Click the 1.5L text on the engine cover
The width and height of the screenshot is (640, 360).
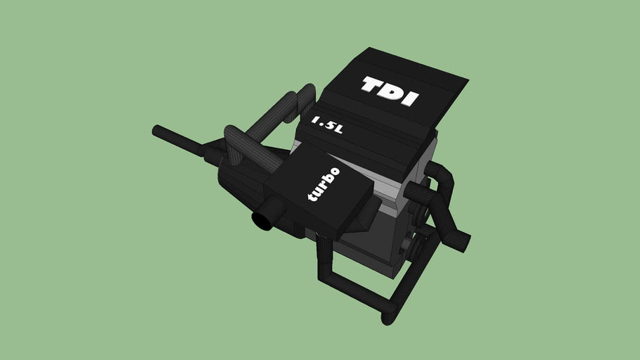(327, 125)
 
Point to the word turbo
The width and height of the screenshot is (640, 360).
(324, 184)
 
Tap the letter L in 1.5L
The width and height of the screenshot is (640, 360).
(338, 129)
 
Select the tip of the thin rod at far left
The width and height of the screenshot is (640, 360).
(156, 130)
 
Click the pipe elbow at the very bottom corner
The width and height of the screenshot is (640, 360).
(388, 314)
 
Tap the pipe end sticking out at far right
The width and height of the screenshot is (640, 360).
(464, 242)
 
